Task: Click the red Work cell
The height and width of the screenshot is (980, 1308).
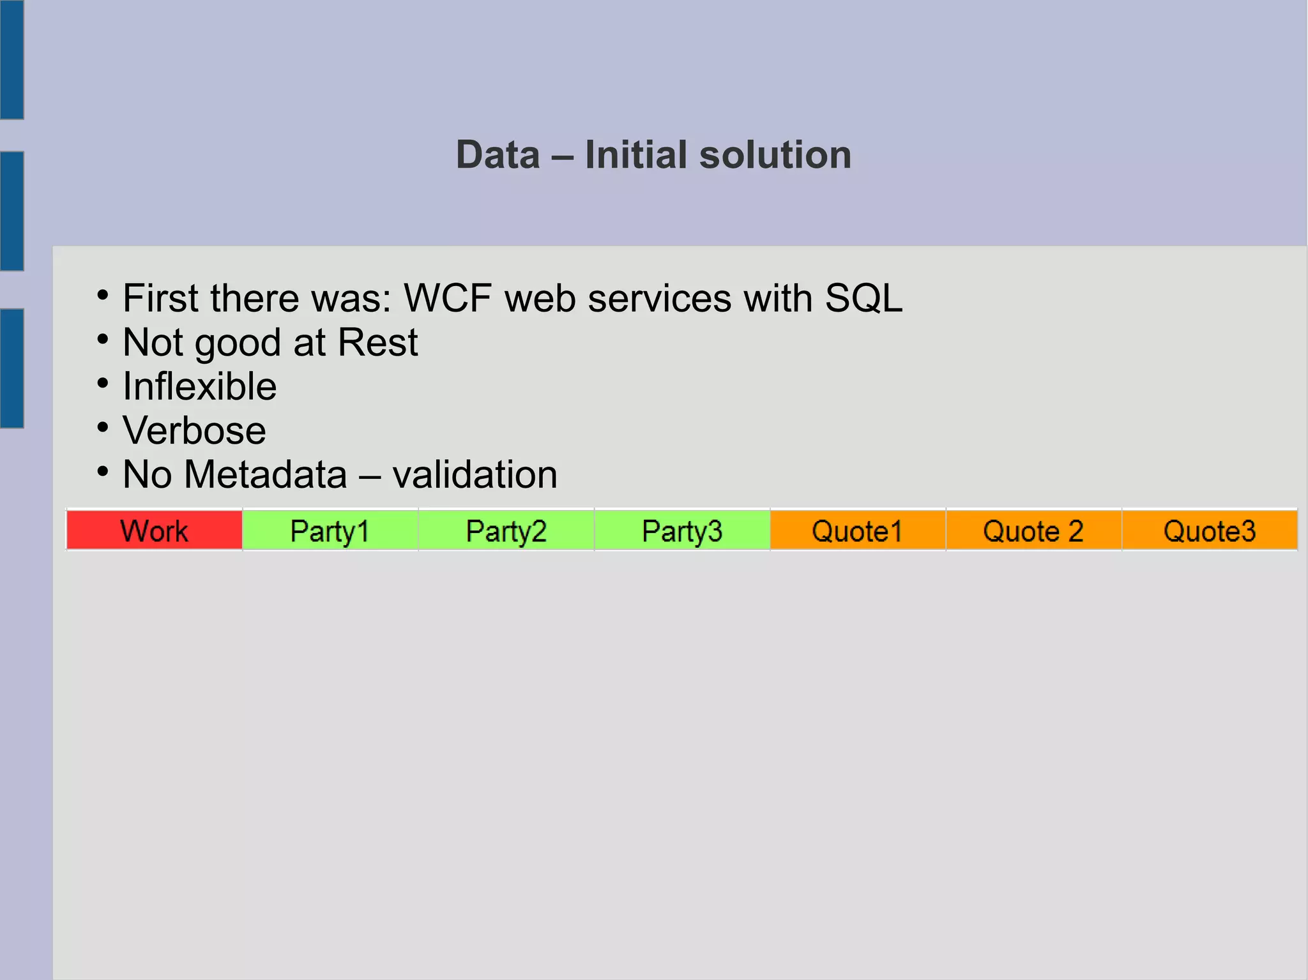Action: pyautogui.click(x=154, y=531)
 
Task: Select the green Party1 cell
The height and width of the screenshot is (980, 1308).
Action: pyautogui.click(x=330, y=531)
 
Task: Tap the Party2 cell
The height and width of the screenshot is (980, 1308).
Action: pyautogui.click(x=506, y=531)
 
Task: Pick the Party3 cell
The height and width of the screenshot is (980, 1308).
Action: pyautogui.click(x=682, y=531)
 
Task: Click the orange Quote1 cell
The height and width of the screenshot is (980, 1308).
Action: pyautogui.click(x=858, y=531)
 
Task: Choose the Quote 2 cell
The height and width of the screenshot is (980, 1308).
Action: pyautogui.click(x=1033, y=531)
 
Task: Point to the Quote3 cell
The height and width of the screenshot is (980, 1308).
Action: pyautogui.click(x=1210, y=531)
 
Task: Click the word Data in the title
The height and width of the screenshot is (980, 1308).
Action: pyautogui.click(x=498, y=155)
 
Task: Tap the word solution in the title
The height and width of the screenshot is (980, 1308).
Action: pyautogui.click(x=775, y=155)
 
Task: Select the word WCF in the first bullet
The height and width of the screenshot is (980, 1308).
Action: pyautogui.click(x=448, y=298)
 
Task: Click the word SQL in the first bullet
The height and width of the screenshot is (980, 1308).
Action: pyautogui.click(x=863, y=298)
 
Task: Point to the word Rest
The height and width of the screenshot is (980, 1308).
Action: pyautogui.click(x=377, y=343)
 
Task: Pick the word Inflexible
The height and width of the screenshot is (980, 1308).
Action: pyautogui.click(x=200, y=387)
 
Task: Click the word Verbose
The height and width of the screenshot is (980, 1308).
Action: pyautogui.click(x=194, y=431)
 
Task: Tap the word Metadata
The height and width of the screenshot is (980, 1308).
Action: pyautogui.click(x=266, y=475)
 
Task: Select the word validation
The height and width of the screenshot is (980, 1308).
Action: pyautogui.click(x=475, y=475)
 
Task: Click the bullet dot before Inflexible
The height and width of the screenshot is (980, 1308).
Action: pyautogui.click(x=103, y=384)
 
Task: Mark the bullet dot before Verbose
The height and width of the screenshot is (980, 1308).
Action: pyautogui.click(x=103, y=428)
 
